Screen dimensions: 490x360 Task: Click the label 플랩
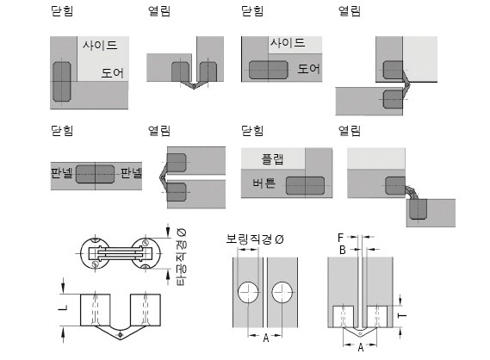(x=272, y=158)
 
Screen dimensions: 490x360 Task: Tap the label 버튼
(x=264, y=183)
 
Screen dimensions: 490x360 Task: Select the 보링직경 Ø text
(x=255, y=239)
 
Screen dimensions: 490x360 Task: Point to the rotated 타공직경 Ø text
(x=182, y=257)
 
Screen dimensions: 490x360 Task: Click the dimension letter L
(x=63, y=308)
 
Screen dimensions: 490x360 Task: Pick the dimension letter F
(x=341, y=238)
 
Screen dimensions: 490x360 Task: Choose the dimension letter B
(x=343, y=250)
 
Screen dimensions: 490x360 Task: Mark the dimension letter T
(x=402, y=315)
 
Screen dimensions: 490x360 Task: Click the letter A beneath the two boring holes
(x=266, y=338)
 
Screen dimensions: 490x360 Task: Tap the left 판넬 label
(x=62, y=172)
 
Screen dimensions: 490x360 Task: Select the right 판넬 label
(x=131, y=172)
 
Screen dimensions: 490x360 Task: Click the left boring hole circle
(x=248, y=292)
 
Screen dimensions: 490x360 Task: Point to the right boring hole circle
(x=282, y=292)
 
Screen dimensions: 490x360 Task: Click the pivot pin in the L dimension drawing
(x=121, y=335)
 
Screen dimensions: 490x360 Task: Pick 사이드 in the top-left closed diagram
(x=100, y=46)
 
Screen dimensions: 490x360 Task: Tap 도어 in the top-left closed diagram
(x=113, y=73)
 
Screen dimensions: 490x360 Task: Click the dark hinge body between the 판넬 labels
(x=96, y=174)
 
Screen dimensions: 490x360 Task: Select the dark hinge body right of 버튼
(x=306, y=186)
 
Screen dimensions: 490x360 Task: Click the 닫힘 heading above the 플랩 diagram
(x=252, y=130)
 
